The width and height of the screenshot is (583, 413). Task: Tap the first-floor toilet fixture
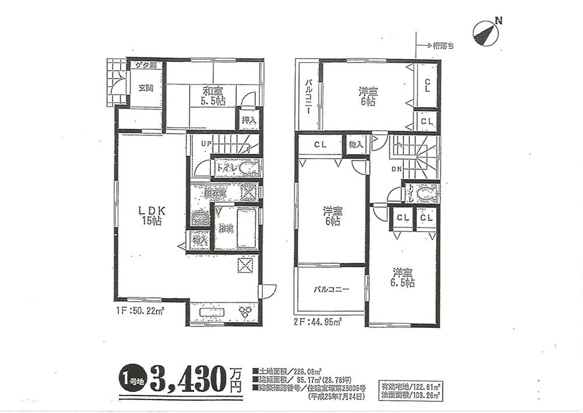(x=247, y=168)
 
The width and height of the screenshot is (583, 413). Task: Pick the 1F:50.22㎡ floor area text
(x=139, y=311)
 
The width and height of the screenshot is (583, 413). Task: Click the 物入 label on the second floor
(x=356, y=145)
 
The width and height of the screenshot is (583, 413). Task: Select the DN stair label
(x=396, y=170)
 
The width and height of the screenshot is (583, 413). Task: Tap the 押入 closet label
(x=248, y=120)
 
